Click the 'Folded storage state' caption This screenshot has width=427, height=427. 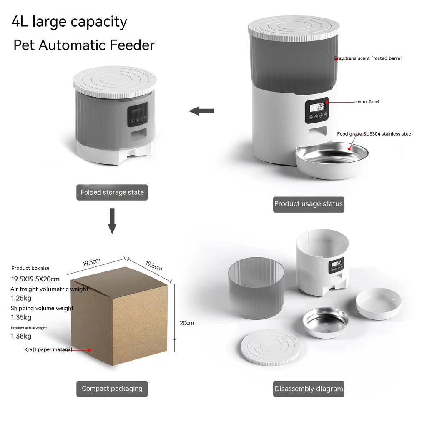coord(112,193)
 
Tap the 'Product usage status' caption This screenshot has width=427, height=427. coord(309,204)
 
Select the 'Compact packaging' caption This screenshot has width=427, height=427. coord(112,389)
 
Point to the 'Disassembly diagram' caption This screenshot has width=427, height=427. coord(309,389)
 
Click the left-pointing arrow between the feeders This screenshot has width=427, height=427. coord(202,111)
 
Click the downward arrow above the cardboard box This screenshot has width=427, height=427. coord(112,221)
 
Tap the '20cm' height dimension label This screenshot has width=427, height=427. coord(187,323)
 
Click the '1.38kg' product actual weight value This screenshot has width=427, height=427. coord(21,336)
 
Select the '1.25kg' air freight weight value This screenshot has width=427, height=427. coord(21,298)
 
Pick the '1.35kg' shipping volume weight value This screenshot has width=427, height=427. coord(21,317)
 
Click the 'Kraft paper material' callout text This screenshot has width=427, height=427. coord(48,349)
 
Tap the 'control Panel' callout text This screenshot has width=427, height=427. coord(367,102)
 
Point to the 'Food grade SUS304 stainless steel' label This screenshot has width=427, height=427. coord(374,134)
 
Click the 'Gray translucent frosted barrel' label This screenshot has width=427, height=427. coord(368,58)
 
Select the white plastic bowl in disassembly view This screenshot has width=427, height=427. coord(379,303)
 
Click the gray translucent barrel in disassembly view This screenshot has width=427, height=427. coord(256,288)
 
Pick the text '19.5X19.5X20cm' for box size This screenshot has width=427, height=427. coord(35,279)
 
